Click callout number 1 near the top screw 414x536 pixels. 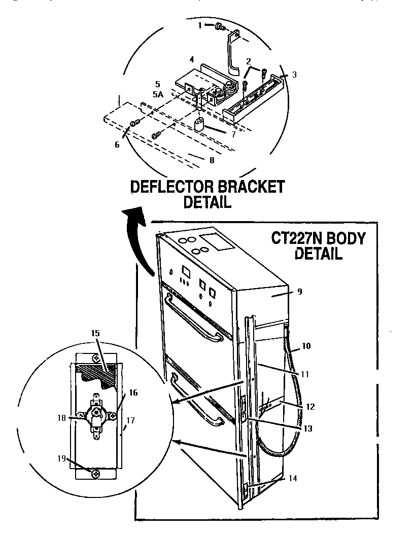point(200,24)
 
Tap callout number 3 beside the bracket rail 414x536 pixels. point(294,75)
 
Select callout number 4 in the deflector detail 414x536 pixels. point(192,60)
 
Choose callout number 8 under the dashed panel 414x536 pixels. point(212,160)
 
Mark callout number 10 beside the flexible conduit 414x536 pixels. point(307,346)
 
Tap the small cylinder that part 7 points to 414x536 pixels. point(200,125)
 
